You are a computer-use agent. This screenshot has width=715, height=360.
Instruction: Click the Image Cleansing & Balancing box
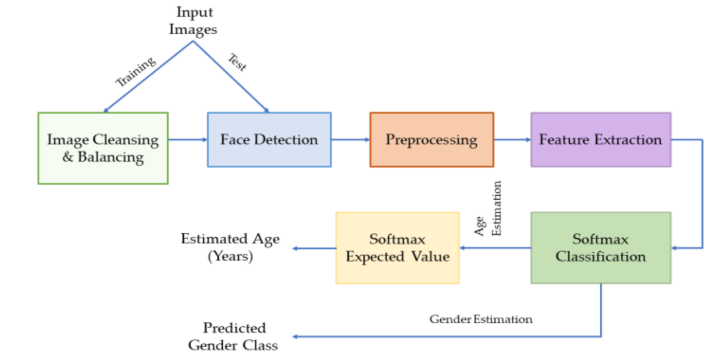103,148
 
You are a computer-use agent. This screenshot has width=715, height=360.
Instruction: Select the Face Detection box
269,140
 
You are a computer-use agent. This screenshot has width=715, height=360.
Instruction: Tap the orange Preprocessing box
432,140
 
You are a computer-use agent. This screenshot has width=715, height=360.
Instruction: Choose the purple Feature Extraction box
601,140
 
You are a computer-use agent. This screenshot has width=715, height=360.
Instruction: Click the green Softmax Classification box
601,248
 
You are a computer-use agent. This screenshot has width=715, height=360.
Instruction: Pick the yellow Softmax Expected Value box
397,248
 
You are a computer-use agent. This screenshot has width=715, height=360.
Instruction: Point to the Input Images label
193,21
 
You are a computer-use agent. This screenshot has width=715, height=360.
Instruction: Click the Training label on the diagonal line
136,72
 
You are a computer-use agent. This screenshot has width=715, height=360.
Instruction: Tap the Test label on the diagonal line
237,62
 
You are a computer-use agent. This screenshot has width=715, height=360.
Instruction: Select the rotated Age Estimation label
488,209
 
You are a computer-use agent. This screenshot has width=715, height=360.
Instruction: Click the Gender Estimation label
481,319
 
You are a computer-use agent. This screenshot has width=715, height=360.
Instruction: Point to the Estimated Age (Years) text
230,247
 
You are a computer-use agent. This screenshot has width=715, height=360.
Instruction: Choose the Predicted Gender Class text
234,336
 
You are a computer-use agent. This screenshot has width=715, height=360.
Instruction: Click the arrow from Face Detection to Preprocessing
350,140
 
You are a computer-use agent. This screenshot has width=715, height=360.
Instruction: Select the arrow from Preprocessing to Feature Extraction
512,140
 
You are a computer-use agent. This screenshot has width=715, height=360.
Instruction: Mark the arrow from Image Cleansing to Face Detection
188,140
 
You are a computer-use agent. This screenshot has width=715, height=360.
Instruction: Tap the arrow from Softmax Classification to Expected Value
495,248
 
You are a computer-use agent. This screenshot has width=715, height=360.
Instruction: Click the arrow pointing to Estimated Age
314,248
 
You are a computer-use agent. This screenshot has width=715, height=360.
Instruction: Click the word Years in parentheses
230,256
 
